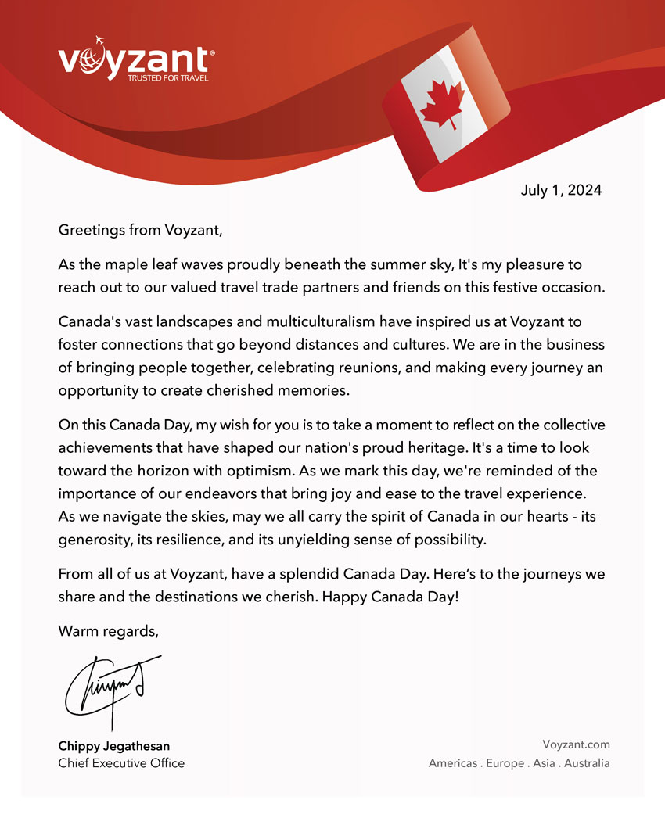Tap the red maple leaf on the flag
(x=443, y=105)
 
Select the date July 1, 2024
(x=561, y=190)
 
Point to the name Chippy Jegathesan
(x=113, y=746)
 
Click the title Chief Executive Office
(x=121, y=762)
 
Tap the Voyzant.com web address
(x=575, y=745)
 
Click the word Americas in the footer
(x=453, y=763)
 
